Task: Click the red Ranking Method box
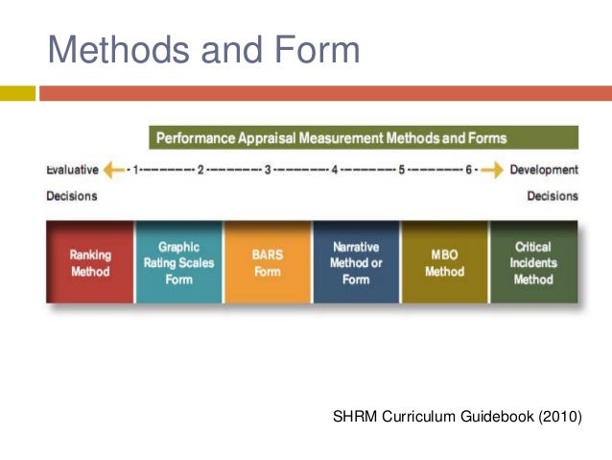coord(90,262)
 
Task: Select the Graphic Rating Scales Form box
coord(178,262)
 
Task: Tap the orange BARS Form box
coord(267,262)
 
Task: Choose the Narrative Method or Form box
coord(356,262)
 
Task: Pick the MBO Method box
coord(444,262)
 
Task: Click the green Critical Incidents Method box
coord(533,262)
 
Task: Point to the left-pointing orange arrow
coord(114,170)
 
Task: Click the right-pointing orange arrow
coord(492,170)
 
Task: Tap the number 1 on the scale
coord(137,170)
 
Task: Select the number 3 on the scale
coord(268,170)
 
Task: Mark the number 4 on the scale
coord(335,170)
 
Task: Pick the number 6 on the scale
coord(469,170)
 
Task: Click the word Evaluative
coord(72,170)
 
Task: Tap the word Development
coord(544,170)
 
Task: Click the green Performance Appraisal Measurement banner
coord(364,138)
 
